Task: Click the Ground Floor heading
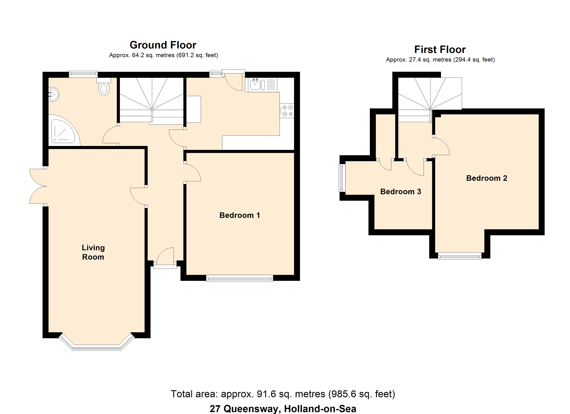coord(163,45)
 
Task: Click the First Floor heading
coord(440,50)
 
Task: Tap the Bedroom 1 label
coord(240,215)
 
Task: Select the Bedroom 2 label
coord(487,178)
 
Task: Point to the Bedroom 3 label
coord(401,191)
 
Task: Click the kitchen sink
coord(255,84)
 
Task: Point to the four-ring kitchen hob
coord(287,111)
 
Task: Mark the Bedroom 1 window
coord(240,278)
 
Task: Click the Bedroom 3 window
coord(342,178)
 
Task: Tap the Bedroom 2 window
coord(460,256)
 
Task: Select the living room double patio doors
coord(38,186)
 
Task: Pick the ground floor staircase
coord(151,100)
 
